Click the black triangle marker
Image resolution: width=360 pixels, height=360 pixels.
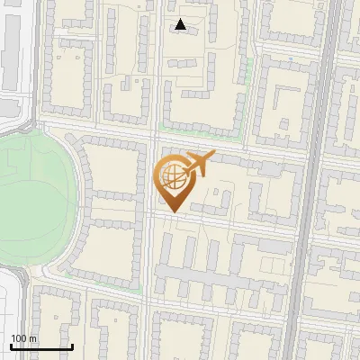pyautogui.click(x=181, y=25)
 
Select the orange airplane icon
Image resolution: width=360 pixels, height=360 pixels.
pyautogui.click(x=197, y=164)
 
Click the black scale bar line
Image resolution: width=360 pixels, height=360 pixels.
pyautogui.click(x=41, y=346)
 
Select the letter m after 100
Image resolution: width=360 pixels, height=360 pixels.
pyautogui.click(x=32, y=338)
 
